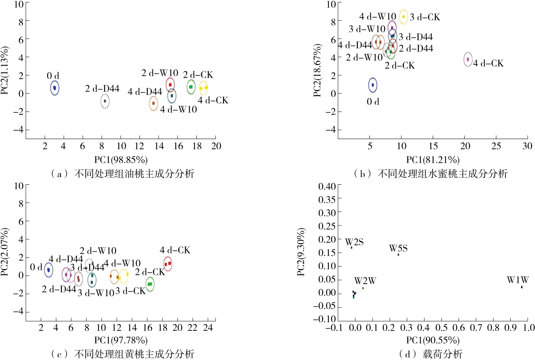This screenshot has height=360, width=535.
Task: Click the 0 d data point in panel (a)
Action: pyautogui.click(x=55, y=88)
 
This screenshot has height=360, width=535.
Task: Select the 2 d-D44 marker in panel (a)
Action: pyautogui.click(x=105, y=101)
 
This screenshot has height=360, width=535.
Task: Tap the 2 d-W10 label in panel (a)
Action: pyautogui.click(x=160, y=73)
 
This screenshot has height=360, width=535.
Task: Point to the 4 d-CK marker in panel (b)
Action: pyautogui.click(x=468, y=59)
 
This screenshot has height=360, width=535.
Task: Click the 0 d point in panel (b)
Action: pyautogui.click(x=373, y=85)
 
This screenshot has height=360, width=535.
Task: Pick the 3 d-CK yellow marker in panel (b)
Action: pyautogui.click(x=403, y=17)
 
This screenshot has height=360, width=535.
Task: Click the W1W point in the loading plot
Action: pyautogui.click(x=522, y=287)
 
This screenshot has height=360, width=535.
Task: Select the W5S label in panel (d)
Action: pyautogui.click(x=398, y=248)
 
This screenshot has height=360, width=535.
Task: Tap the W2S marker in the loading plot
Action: pyautogui.click(x=351, y=248)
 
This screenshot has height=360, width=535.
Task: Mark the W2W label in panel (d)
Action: pyautogui.click(x=365, y=281)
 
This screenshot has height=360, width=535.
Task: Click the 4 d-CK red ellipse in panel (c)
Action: pyautogui.click(x=168, y=264)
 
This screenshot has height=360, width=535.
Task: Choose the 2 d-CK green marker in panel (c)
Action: pyautogui.click(x=150, y=284)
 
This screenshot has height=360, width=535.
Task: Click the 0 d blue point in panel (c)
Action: pyautogui.click(x=48, y=270)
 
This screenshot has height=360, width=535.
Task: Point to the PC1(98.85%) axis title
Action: pyautogui.click(x=121, y=160)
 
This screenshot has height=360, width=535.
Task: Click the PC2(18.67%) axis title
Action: pyautogui.click(x=317, y=70)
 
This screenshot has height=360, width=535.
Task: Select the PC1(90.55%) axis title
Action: pyautogui.click(x=433, y=340)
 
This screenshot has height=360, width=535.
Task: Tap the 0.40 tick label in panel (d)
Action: pyautogui.click(x=327, y=187)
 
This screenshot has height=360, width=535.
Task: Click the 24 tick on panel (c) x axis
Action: pyautogui.click(x=208, y=328)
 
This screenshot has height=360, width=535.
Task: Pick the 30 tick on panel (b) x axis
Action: pyautogui.click(x=527, y=146)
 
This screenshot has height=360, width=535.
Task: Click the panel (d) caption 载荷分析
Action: pyautogui.click(x=442, y=354)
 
